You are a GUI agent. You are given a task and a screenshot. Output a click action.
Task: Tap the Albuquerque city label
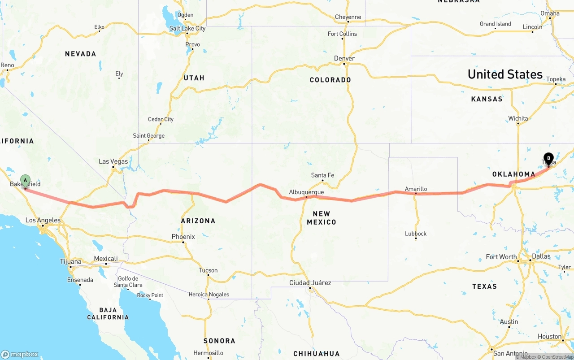306,192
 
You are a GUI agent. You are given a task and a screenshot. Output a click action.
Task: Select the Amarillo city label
416,189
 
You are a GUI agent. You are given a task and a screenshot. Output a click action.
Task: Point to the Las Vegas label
113,161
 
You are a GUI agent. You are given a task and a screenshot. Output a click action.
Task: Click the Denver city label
344,58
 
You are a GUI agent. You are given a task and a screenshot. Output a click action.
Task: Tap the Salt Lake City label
187,28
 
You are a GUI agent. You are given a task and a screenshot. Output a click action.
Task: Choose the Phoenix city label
183,237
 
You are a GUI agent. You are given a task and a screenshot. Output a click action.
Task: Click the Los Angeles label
43,220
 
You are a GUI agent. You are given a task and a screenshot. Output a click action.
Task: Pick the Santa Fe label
322,175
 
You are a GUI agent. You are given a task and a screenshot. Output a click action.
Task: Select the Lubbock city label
416,234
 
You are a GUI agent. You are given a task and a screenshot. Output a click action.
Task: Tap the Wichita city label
518,119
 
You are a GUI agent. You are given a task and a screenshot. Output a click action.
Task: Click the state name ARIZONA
198,221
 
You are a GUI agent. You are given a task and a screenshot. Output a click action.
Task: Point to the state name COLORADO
330,80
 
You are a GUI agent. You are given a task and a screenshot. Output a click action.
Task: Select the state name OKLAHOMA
513,174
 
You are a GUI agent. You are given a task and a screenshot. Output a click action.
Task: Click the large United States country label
505,74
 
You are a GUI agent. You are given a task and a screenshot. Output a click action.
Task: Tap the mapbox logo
20,354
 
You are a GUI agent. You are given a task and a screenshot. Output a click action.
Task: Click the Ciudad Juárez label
310,283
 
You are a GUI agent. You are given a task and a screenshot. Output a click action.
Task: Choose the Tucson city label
208,270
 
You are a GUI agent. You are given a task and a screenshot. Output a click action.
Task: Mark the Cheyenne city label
348,17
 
